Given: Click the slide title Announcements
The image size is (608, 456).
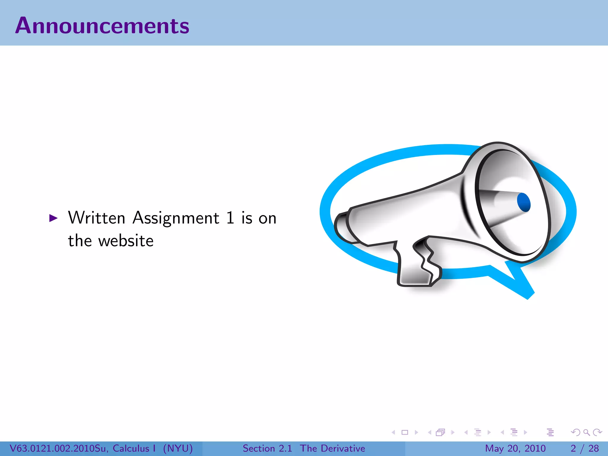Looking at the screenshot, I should point(102,26).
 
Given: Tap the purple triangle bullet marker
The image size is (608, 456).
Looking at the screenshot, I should point(53,218).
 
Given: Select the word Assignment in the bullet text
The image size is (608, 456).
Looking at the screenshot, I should point(176,218).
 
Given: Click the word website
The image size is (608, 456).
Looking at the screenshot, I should point(126,241).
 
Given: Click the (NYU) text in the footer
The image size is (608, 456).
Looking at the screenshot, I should point(178,448).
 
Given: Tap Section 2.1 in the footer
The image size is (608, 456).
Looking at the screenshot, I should point(267,448).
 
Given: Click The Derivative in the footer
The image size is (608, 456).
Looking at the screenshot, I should point(332,448).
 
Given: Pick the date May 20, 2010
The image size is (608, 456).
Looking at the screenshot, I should point(515,448).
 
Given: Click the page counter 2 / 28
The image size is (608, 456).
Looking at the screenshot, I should point(585,448).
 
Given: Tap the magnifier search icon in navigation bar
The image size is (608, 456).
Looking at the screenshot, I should point(586,432).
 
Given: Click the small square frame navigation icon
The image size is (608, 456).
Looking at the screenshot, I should point(405,432).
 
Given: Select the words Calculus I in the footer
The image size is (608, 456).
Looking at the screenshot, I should point(134,448).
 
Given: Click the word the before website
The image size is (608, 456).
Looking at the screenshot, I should point(80,241).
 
